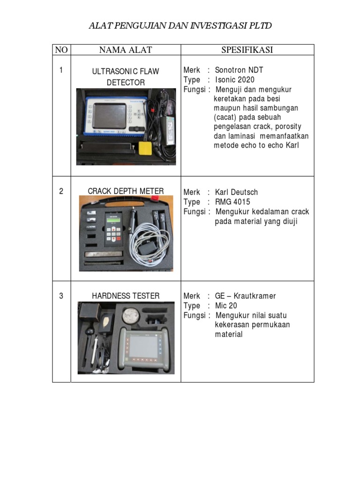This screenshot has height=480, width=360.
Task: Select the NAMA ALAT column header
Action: (126, 50)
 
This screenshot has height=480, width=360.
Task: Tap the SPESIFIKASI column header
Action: (247, 50)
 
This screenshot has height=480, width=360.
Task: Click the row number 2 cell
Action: (61, 192)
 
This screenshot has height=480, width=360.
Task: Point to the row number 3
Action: (61, 296)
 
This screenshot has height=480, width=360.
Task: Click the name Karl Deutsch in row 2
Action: (236, 192)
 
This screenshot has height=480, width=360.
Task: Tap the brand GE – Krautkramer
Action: (245, 296)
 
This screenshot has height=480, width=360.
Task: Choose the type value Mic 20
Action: (226, 306)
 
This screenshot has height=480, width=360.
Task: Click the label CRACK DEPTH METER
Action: (126, 191)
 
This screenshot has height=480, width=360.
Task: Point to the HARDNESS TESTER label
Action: (126, 296)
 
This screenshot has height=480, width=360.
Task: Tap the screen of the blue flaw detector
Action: (109, 115)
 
